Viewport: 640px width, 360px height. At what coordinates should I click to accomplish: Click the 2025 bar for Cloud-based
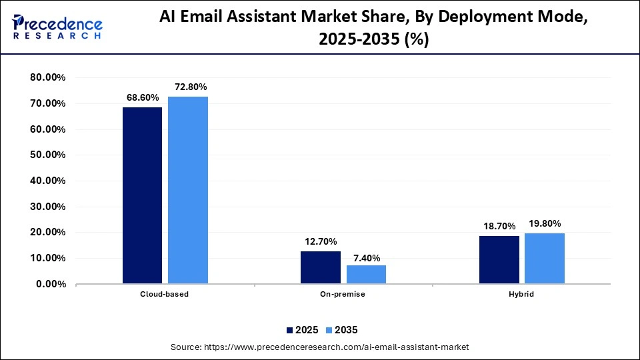[142, 195]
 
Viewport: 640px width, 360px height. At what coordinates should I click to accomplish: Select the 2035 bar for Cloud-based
[188, 190]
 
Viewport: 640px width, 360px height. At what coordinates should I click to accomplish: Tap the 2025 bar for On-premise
[321, 267]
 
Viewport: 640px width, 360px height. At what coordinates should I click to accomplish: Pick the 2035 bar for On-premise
[366, 274]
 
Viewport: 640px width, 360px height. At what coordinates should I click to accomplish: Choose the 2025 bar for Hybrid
[499, 259]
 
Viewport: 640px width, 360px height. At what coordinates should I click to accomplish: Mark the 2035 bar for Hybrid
[545, 258]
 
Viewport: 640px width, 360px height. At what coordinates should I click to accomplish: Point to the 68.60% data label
[143, 97]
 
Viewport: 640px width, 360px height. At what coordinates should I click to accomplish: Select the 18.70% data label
[499, 226]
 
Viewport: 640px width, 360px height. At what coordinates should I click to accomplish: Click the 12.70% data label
[321, 241]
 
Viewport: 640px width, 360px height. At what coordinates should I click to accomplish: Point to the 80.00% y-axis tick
[48, 78]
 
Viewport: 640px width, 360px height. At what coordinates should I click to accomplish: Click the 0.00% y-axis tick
[51, 284]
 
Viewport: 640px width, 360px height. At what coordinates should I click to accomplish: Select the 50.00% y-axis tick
[48, 155]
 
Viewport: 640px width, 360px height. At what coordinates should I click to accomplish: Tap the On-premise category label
[343, 294]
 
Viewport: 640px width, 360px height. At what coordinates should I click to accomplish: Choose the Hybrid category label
[522, 294]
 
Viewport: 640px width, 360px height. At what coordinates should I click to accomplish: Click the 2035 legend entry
[341, 330]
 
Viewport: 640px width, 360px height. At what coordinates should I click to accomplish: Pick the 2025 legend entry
[302, 330]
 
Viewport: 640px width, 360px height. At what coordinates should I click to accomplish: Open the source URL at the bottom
[320, 347]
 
